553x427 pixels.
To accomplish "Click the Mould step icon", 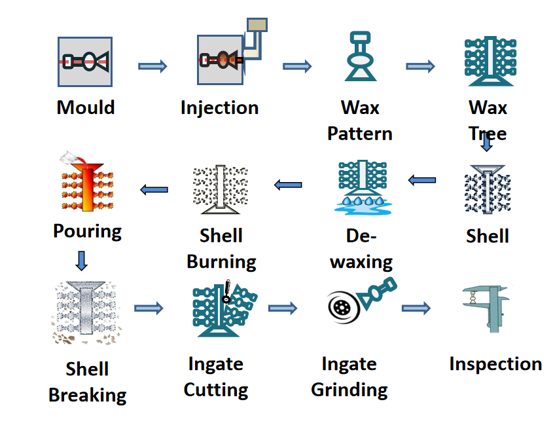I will [x=85, y=62].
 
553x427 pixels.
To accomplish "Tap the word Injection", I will [x=219, y=107].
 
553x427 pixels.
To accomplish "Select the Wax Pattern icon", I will [x=360, y=57].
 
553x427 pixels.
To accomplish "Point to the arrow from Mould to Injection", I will [x=152, y=65].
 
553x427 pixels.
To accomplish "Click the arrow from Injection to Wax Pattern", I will [x=297, y=66].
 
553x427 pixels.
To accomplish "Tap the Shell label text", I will [x=488, y=236].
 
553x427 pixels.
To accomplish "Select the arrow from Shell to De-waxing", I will [x=422, y=179].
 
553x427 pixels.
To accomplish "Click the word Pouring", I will [x=87, y=231].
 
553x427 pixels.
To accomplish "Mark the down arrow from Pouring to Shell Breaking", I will [x=81, y=260].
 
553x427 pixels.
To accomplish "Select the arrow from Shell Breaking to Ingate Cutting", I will [x=149, y=308].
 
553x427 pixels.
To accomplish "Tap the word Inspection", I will [x=495, y=364].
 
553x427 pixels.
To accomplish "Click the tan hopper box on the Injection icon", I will [x=257, y=25].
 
